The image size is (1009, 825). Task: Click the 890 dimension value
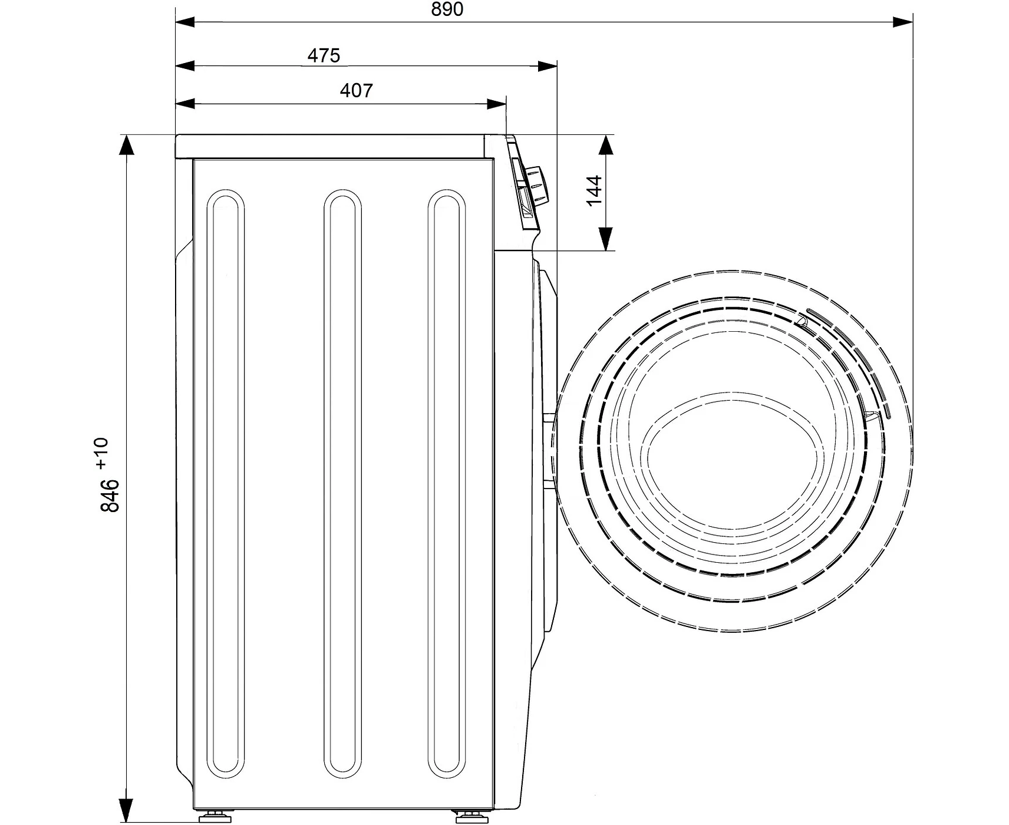(447, 9)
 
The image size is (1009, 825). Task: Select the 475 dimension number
(324, 55)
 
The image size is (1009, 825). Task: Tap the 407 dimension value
(357, 91)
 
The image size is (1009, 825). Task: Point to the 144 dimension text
(594, 190)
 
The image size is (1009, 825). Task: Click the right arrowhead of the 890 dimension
(903, 22)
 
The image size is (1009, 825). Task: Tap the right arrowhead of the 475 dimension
(547, 65)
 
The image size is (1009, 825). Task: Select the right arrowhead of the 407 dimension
(496, 104)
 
